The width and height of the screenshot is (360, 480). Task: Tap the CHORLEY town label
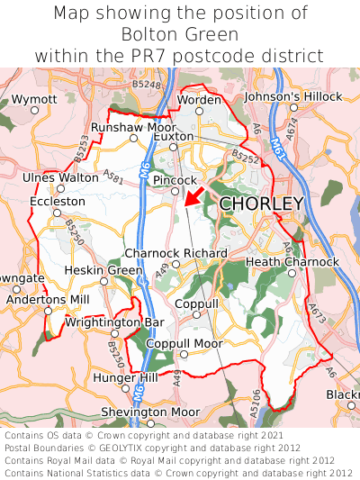[262, 204]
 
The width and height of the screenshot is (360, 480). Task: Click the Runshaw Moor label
[133, 128]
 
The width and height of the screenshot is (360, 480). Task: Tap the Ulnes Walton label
[60, 177]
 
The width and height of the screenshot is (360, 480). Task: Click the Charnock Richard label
[175, 253]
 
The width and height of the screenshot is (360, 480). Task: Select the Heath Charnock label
[292, 262]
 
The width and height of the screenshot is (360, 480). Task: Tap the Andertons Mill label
[48, 299]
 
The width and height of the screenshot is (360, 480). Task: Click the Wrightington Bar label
[114, 322]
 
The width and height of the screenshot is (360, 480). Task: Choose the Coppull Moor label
[184, 344]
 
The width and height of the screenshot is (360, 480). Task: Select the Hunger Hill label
[125, 378]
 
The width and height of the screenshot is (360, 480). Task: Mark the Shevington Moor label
[149, 412]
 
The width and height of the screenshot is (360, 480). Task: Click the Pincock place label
[175, 181]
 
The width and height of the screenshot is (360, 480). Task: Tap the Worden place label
[200, 99]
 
